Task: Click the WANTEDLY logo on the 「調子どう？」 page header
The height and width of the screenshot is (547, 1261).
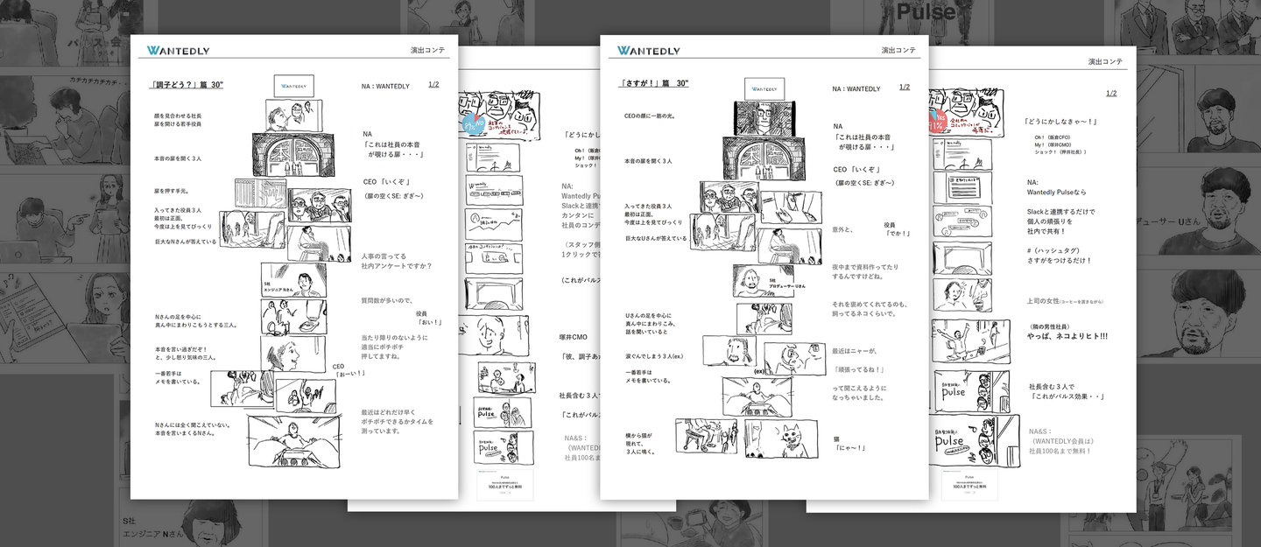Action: coord(179,51)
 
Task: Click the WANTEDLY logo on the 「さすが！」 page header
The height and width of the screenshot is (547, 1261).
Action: coord(648,51)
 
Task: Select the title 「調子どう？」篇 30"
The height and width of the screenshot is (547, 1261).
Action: coord(187,85)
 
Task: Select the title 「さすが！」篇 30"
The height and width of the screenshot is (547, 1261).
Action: coord(653,83)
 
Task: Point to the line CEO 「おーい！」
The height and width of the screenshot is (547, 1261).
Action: coord(349,370)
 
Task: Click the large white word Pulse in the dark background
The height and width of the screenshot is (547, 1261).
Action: coord(926,12)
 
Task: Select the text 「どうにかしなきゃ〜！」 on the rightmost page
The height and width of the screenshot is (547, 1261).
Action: coord(1060,122)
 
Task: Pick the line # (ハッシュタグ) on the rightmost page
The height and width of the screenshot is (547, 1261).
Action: coord(1053,250)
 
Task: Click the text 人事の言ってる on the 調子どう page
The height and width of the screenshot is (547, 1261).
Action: coord(384,256)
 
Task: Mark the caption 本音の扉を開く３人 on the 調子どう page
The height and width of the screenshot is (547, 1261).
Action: coord(178,159)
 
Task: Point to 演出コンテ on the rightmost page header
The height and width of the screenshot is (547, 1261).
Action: coord(1105,62)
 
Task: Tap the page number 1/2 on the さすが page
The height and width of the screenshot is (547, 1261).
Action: coord(904,88)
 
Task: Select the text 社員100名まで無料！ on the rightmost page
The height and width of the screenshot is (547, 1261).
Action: coord(1060,451)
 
